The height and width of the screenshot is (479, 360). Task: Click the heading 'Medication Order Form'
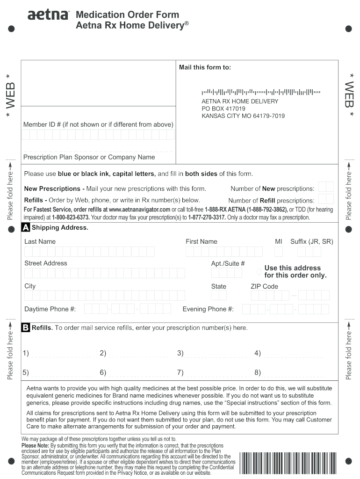[x=127, y=15]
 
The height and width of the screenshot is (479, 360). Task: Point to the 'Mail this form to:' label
[x=205, y=67]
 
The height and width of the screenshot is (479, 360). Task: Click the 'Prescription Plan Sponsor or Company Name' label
[x=89, y=157]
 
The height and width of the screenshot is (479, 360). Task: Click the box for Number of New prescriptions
[x=326, y=187]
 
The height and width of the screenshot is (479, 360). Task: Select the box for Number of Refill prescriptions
[x=326, y=199]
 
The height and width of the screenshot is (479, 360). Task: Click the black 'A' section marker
[x=26, y=228]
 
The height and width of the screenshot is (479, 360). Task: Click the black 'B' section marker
[x=26, y=328]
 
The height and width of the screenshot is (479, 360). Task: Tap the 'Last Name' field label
[x=40, y=241]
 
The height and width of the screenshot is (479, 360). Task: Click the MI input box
[x=279, y=252]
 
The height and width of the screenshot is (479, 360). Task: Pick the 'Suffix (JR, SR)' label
[x=311, y=241]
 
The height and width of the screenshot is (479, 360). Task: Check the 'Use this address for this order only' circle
[x=259, y=272]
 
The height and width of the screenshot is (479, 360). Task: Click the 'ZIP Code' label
[x=264, y=286]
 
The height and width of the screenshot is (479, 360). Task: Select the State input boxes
[x=219, y=296]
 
